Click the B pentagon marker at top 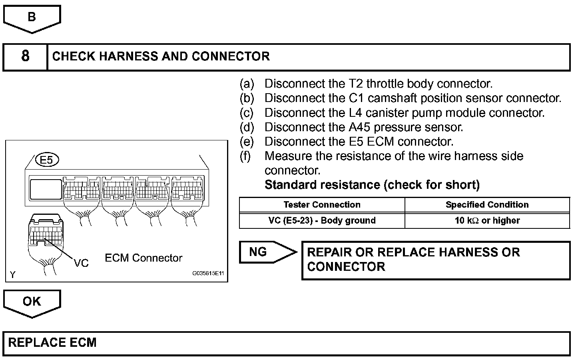tap(32, 18)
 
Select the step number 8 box tap(25, 56)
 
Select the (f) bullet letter tap(246, 156)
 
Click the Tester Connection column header tap(322, 205)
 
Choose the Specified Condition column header tap(487, 205)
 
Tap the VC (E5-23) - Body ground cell tap(322, 220)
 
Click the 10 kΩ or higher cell tap(487, 220)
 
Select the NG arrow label tap(258, 252)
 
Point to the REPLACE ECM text tap(52, 343)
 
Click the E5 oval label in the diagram tap(47, 160)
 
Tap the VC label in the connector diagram tap(81, 263)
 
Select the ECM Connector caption tap(144, 258)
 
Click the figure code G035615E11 tap(208, 274)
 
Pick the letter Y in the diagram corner tap(13, 275)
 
